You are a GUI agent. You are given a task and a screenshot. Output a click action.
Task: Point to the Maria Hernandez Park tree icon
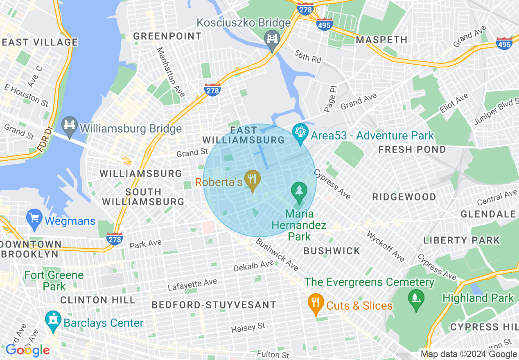pos(299,191)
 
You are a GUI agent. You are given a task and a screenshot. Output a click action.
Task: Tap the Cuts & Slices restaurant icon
pos(315,303)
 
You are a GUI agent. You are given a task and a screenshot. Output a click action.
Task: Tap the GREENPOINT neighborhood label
pos(167,36)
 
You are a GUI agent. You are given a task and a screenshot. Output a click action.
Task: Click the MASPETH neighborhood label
pos(381,40)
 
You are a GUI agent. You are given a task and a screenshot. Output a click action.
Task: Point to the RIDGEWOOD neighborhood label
pos(404,197)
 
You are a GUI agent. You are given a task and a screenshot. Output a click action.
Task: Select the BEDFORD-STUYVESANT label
pos(214,305)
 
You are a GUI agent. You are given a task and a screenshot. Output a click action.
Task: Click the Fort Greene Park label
pos(54,280)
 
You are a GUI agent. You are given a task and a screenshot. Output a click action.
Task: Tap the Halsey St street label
pos(248,327)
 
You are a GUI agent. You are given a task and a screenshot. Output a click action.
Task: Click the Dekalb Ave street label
pos(253,265)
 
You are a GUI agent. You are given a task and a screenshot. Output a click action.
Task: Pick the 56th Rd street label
pos(308,56)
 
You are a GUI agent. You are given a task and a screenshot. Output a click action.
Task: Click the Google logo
pos(27,350)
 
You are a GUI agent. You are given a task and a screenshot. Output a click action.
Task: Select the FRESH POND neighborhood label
pos(412,149)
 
